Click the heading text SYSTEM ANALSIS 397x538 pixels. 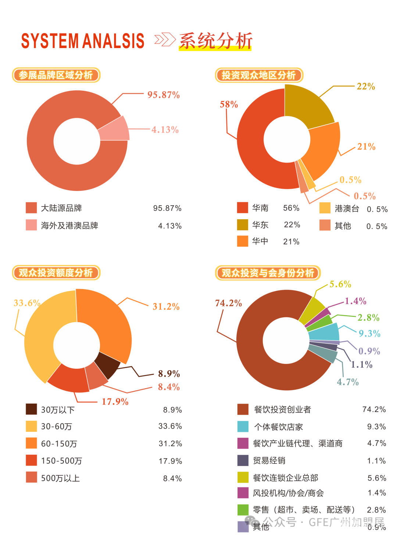pos(83,41)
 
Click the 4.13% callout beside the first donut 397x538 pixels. pos(165,130)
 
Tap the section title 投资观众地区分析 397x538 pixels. pos(259,75)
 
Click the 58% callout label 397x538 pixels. pos(229,105)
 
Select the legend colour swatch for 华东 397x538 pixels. pos(243,225)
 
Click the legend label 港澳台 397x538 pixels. pos(347,209)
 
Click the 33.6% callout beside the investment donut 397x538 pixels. pos(27,303)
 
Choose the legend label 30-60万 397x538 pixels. pos(57,426)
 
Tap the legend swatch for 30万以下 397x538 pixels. pos(31,409)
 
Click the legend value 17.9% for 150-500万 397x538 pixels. pos(170,461)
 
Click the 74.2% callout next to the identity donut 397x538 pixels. pos(228,303)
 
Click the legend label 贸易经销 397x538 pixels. pos(269,461)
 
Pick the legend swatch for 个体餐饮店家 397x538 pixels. pos(243,426)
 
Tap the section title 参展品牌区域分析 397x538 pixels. pos(56,75)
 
